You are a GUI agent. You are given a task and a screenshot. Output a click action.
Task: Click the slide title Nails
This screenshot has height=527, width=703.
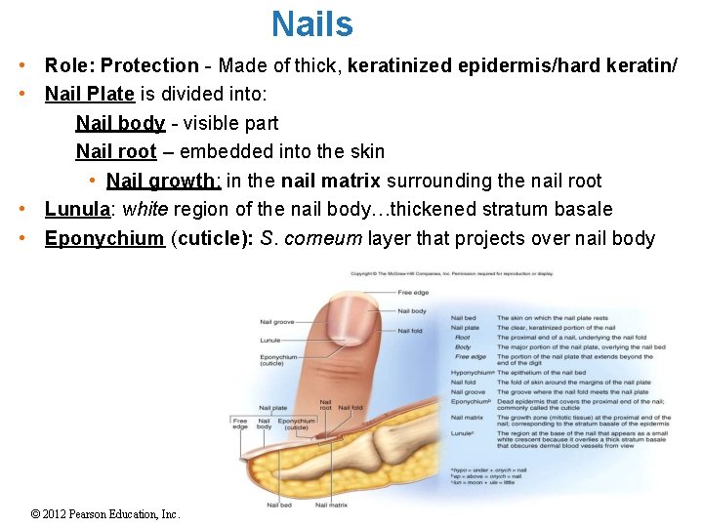click(x=312, y=23)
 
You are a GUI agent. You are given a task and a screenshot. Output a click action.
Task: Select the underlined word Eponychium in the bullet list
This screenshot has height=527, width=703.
click(x=104, y=238)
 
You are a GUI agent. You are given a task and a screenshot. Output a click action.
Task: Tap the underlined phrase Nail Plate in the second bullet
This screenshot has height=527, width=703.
click(x=90, y=95)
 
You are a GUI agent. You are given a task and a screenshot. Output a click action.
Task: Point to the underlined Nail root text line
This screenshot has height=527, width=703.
click(x=116, y=151)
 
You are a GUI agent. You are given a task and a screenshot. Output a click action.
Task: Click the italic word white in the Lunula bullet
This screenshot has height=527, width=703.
click(x=145, y=209)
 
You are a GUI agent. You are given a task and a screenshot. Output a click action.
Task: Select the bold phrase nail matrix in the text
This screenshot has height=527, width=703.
click(x=331, y=181)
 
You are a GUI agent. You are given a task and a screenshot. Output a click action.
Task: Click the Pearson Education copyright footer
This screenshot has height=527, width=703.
click(x=105, y=513)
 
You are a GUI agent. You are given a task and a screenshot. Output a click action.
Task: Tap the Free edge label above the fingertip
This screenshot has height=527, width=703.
click(x=413, y=293)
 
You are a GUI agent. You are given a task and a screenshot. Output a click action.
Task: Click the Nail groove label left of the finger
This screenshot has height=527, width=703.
click(x=276, y=321)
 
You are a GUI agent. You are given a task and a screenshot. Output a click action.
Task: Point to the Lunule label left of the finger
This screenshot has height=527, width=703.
click(x=269, y=340)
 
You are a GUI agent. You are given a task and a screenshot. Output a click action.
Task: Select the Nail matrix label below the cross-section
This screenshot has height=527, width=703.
click(x=332, y=505)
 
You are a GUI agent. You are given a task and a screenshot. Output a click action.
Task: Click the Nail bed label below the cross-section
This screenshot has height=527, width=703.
click(x=278, y=505)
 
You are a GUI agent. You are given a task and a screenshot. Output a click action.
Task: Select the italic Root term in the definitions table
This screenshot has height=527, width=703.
click(x=463, y=338)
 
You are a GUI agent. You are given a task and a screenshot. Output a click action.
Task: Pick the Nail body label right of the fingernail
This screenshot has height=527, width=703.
click(x=412, y=311)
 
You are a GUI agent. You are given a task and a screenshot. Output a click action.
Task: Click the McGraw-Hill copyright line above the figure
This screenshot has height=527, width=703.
click(x=451, y=273)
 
